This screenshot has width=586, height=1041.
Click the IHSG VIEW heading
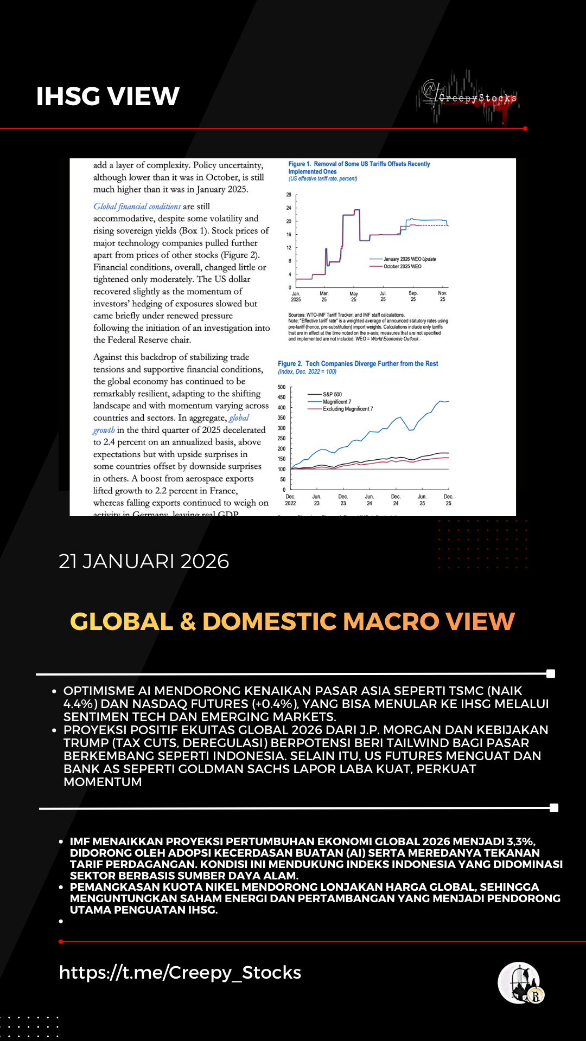[107, 97]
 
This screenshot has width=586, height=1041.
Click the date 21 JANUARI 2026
[144, 561]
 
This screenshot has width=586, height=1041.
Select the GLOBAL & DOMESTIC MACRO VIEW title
[292, 621]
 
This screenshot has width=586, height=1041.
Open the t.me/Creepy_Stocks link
[180, 972]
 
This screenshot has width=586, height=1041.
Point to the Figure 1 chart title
[359, 168]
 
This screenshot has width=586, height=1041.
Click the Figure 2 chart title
[358, 364]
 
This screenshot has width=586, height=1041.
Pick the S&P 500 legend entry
[332, 394]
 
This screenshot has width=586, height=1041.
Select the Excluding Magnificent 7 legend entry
[348, 409]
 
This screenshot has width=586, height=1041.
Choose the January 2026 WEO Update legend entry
[410, 259]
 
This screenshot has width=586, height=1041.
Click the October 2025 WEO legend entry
[402, 266]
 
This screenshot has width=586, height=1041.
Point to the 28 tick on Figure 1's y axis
[289, 195]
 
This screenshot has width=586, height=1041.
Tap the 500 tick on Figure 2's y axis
[281, 387]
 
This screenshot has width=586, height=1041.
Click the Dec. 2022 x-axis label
[290, 500]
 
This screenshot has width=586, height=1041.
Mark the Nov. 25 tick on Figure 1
[442, 296]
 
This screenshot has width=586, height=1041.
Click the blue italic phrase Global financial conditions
[137, 207]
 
